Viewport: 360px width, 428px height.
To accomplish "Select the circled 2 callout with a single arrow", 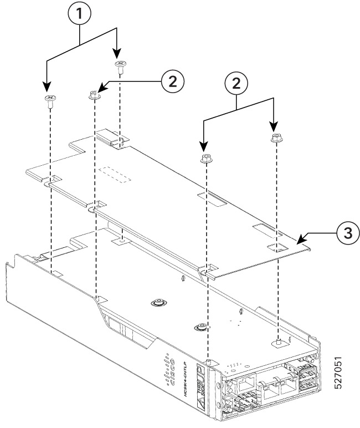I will (172, 81).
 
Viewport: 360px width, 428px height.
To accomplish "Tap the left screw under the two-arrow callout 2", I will (205, 159).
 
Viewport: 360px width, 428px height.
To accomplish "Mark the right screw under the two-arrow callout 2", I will (275, 138).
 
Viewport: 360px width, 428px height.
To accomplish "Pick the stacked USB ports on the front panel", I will (306, 377).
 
